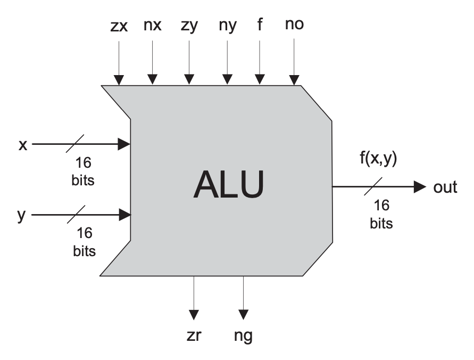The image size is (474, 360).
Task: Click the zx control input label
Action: (119, 26)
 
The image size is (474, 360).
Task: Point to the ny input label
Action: (227, 26)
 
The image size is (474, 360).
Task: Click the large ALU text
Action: (228, 184)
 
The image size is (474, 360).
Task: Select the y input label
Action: (22, 216)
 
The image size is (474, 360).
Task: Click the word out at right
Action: (446, 187)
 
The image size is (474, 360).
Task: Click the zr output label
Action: (195, 336)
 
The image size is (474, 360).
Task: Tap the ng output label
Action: (244, 337)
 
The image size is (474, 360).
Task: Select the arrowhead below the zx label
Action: (119, 80)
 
